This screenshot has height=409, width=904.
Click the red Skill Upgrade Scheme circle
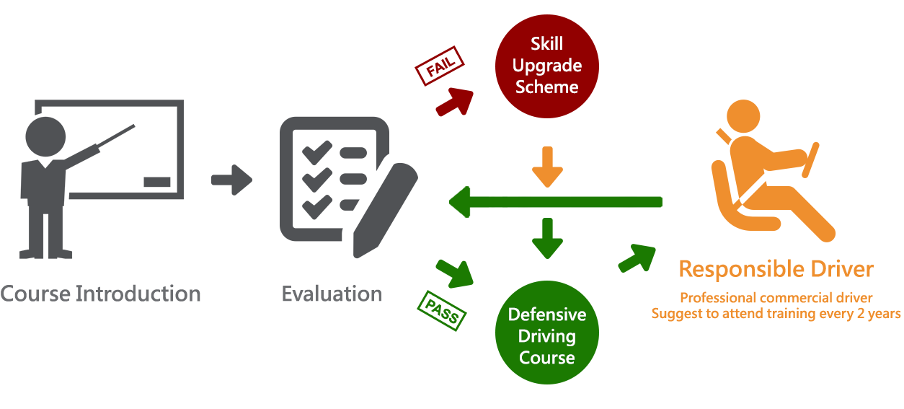[x=546, y=66]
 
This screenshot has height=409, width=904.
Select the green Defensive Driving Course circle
[x=546, y=335]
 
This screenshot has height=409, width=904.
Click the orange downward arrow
[x=547, y=167]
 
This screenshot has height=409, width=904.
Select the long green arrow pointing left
[x=555, y=202]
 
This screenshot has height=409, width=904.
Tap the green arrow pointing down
[x=547, y=238]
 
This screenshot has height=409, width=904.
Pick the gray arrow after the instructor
[x=231, y=180]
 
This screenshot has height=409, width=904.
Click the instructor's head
[x=46, y=136]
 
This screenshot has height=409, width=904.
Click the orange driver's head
[x=742, y=116]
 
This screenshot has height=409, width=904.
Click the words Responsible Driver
[x=776, y=270]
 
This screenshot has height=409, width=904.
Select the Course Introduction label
[x=100, y=294]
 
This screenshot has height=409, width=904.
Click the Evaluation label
[x=332, y=294]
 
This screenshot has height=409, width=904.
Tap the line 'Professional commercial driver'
[x=776, y=298]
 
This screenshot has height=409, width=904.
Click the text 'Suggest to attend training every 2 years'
[x=776, y=314]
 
